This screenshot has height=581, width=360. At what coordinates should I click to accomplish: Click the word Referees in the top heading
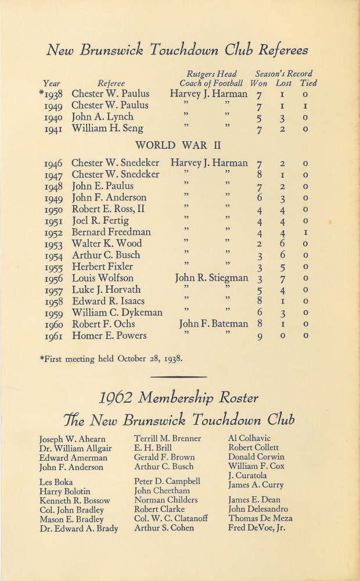click(275, 51)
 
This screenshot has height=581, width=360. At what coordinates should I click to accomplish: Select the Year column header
click(52, 83)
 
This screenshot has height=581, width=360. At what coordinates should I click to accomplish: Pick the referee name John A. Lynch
click(102, 117)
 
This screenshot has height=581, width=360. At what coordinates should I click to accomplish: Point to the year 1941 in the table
click(54, 128)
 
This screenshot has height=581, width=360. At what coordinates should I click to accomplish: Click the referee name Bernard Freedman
click(111, 232)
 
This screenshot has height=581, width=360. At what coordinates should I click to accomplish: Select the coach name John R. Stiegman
click(211, 278)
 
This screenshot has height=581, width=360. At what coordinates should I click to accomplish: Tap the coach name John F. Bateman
click(213, 324)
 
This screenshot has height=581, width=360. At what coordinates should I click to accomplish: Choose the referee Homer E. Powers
click(109, 335)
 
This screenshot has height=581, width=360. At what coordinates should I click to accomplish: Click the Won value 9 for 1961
click(260, 336)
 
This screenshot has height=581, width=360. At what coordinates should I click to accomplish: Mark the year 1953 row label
click(54, 243)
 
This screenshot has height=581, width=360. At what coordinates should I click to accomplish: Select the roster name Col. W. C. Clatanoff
click(171, 518)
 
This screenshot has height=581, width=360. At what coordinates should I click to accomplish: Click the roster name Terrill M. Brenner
click(168, 439)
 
